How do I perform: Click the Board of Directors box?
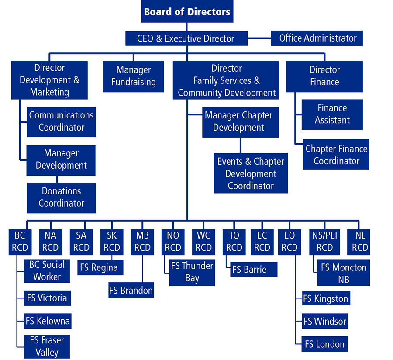tap(187, 11)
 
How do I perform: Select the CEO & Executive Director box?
tap(186, 38)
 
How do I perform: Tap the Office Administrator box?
tap(317, 38)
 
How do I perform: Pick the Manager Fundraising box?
tap(133, 76)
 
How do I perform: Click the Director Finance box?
tap(324, 76)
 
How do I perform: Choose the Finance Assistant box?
tap(332, 114)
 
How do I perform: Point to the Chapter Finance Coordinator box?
tap(336, 155)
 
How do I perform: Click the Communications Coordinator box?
tap(61, 121)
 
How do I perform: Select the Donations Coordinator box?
tap(61, 197)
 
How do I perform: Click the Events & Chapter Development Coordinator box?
tap(251, 173)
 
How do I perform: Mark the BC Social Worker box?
tap(47, 271)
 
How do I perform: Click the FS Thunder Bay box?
tap(192, 272)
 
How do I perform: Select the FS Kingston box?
tap(326, 299)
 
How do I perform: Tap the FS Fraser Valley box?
tap(47, 346)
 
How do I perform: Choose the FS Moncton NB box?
tap(344, 273)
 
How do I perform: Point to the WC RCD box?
tap(203, 242)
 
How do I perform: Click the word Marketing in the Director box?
tap(49, 92)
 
